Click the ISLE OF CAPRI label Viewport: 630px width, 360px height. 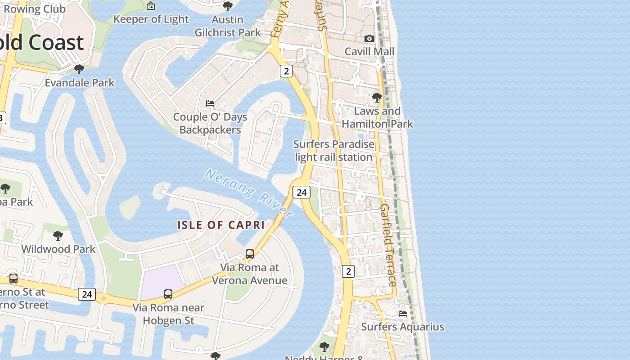tap(221, 225)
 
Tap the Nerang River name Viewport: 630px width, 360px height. tap(249, 193)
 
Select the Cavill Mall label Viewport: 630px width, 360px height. tap(369, 51)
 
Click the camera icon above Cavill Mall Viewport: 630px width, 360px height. tap(369, 39)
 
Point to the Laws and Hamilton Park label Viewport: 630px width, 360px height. tap(377, 117)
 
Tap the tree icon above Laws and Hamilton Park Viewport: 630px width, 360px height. tap(377, 97)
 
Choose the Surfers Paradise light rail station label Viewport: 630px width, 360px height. tap(333, 151)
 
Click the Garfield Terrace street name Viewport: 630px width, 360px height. tap(387, 245)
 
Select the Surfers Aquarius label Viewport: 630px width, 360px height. tap(402, 327)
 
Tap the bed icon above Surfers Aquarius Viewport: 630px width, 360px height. tap(402, 313)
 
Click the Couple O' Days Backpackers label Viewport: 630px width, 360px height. tap(210, 123)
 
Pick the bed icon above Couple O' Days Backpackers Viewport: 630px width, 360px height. tap(210, 103)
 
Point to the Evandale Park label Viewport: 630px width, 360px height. tap(80, 83)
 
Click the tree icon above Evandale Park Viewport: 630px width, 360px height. tap(79, 69)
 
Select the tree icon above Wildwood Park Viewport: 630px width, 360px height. tap(58, 235)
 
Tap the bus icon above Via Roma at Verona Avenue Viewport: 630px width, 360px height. tap(250, 254)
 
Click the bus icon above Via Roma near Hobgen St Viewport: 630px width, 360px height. tap(168, 294)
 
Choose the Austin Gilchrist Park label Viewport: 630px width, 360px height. tap(228, 26)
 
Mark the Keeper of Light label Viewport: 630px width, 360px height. tap(151, 19)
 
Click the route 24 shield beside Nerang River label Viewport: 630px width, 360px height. tap(301, 192)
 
